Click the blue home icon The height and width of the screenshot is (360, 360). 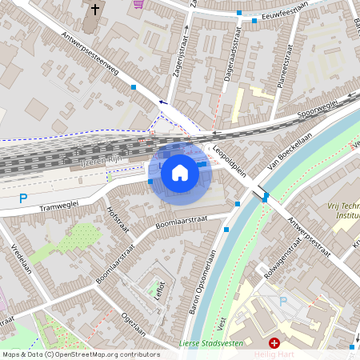tap(180, 172)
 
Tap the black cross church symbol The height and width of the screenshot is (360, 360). tap(96, 10)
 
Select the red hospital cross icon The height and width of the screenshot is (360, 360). tap(274, 343)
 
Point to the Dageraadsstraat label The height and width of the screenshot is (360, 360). tap(235, 54)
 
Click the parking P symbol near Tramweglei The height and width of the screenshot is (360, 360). tap(23, 198)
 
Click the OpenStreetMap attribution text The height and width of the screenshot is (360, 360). tap(80, 354)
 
